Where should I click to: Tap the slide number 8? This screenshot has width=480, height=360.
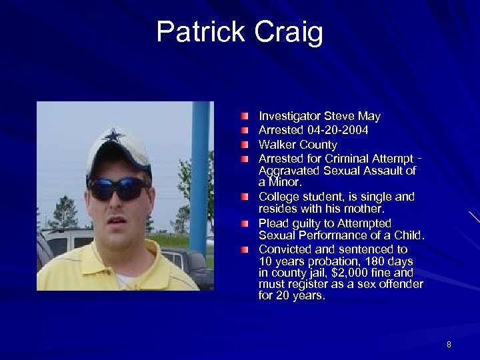(449, 345)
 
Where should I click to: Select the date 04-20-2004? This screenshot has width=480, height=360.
(338, 130)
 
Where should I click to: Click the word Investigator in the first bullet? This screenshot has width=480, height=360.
(291, 116)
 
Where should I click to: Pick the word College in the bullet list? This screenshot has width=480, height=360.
(279, 197)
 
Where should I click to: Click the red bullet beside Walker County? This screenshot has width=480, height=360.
(245, 144)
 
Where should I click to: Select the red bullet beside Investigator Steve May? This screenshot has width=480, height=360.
(245, 116)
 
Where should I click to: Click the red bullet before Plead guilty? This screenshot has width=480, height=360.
(245, 223)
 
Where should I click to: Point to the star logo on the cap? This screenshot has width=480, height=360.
(114, 135)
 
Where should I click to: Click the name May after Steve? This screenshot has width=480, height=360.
(369, 116)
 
